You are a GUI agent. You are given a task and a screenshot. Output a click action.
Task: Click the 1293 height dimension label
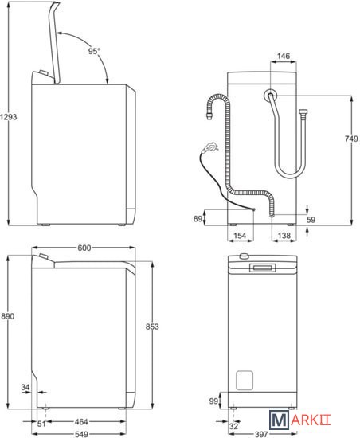9,117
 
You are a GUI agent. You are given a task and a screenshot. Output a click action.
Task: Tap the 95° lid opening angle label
94,51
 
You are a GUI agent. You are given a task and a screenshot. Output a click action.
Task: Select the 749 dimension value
351,139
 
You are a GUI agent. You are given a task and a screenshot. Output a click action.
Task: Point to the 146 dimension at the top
284,56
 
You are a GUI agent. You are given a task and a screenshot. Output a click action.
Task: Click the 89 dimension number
198,218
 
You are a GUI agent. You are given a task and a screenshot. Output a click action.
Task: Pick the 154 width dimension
240,236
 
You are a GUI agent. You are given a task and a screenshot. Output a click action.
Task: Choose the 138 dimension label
284,236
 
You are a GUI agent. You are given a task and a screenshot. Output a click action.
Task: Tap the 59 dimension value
311,220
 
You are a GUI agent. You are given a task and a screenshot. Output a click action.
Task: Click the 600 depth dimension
84,248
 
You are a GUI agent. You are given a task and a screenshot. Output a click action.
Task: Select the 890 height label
7,316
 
